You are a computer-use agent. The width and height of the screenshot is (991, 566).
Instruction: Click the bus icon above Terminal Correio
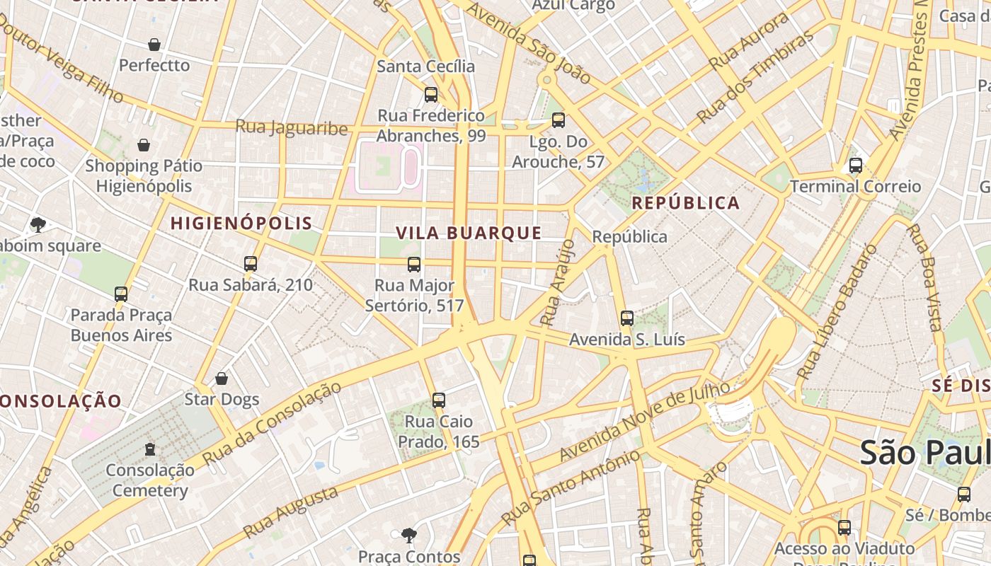pyautogui.click(x=855, y=166)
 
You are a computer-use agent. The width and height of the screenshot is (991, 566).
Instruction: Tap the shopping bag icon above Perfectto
pyautogui.click(x=154, y=45)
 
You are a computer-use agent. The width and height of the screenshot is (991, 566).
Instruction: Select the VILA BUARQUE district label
pyautogui.click(x=469, y=233)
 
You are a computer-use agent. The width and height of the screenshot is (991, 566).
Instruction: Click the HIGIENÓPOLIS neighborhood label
pyautogui.click(x=241, y=224)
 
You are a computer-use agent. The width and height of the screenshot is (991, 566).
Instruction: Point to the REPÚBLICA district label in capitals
pyautogui.click(x=685, y=203)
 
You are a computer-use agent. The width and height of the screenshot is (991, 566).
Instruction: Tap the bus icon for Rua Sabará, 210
pyautogui.click(x=250, y=264)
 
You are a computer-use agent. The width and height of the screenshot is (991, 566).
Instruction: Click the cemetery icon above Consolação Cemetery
pyautogui.click(x=150, y=449)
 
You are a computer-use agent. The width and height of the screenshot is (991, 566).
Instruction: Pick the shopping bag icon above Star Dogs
pyautogui.click(x=222, y=379)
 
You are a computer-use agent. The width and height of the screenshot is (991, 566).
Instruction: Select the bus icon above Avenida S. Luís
pyautogui.click(x=626, y=318)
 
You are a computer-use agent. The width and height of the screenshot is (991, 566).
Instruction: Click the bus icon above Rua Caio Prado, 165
pyautogui.click(x=439, y=400)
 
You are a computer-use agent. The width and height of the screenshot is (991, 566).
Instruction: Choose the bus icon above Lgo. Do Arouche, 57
pyautogui.click(x=558, y=120)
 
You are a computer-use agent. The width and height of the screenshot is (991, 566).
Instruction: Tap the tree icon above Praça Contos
pyautogui.click(x=408, y=534)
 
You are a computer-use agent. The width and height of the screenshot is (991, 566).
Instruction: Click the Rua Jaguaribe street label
pyautogui.click(x=292, y=128)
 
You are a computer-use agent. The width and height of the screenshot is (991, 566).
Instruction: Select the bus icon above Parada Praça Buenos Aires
pyautogui.click(x=121, y=294)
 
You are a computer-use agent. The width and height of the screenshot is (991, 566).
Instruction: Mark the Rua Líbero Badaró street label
pyautogui.click(x=836, y=311)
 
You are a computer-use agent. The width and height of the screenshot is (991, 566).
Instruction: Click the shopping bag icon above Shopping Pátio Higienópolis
pyautogui.click(x=144, y=146)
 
